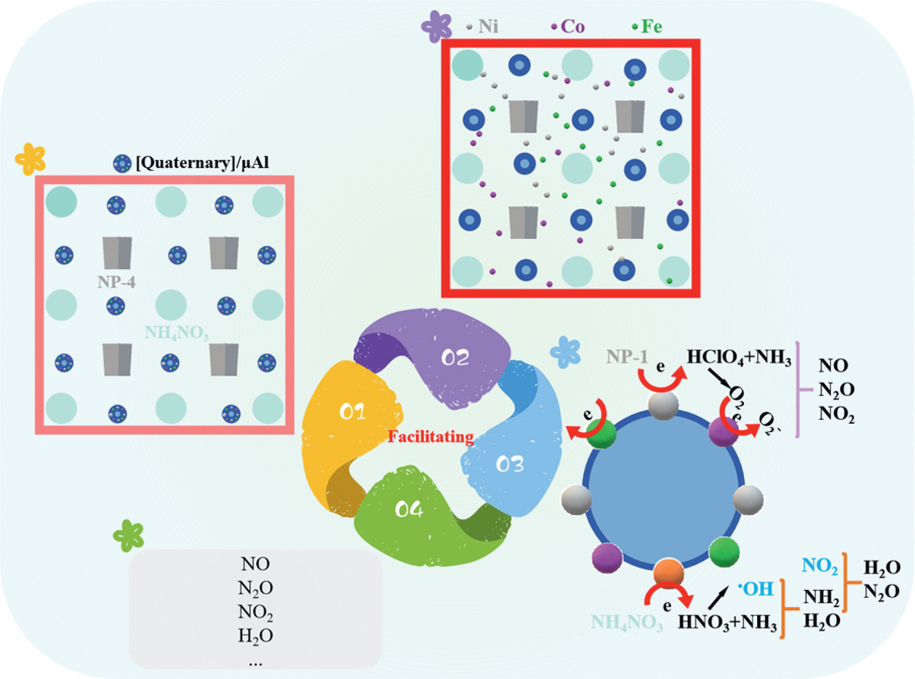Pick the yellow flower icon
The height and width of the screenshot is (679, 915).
click(31, 158)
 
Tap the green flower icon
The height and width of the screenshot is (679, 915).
click(128, 533)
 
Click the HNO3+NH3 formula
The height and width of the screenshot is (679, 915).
click(728, 621)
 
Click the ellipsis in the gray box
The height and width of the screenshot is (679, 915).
click(255, 658)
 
